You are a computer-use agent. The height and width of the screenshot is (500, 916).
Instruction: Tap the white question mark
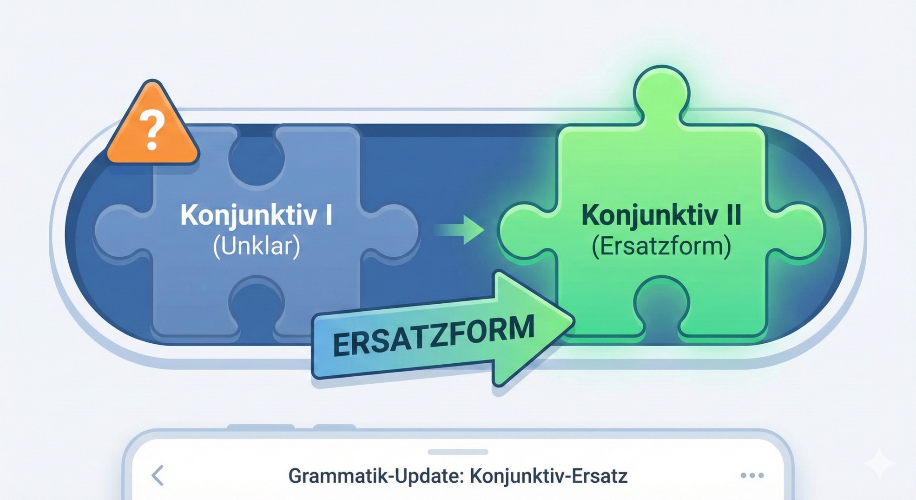click(152, 130)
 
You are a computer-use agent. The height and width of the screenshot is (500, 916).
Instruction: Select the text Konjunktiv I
click(256, 216)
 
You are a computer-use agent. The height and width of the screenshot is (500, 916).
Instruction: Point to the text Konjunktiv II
click(661, 216)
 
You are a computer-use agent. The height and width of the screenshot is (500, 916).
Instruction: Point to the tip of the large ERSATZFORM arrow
click(574, 321)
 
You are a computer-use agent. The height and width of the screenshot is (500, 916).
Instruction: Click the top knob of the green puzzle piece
click(661, 93)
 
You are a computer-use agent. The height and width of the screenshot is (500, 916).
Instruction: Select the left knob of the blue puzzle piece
click(122, 230)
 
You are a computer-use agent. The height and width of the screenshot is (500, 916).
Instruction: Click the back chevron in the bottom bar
click(158, 475)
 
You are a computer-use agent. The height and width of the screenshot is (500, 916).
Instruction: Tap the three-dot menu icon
click(752, 475)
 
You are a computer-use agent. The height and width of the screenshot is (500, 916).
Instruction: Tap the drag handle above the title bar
click(458, 452)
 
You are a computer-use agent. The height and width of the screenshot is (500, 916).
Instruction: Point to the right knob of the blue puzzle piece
click(390, 230)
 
